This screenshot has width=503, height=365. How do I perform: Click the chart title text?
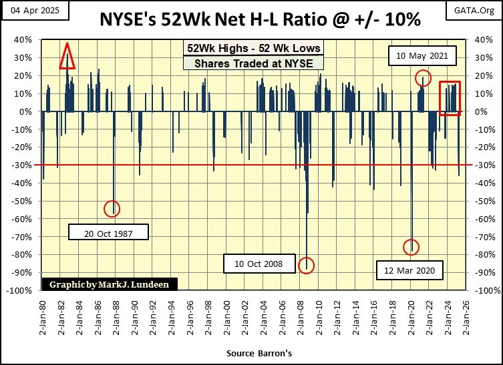click(x=260, y=19)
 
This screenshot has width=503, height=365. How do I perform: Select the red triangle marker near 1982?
click(x=67, y=57)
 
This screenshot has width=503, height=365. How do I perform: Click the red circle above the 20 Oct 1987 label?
click(x=112, y=208)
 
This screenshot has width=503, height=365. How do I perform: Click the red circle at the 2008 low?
click(x=307, y=264)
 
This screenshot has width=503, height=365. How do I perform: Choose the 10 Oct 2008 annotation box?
click(x=259, y=264)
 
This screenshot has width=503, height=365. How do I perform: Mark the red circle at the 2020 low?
click(x=412, y=247)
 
